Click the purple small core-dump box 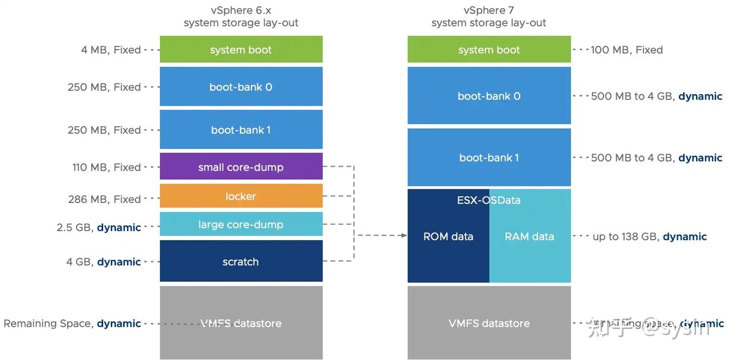[241, 167]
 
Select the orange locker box [241, 196]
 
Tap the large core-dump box [241, 224]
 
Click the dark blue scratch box [241, 261]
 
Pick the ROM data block [448, 243]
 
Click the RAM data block [530, 243]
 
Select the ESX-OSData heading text [489, 200]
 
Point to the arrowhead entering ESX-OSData [404, 235]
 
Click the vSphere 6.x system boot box [241, 50]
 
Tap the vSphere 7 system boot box [489, 50]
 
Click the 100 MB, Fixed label [627, 50]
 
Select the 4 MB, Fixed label [111, 50]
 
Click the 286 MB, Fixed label [104, 199]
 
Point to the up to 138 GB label [650, 236]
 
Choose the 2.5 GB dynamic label [99, 227]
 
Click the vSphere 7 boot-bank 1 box [489, 157]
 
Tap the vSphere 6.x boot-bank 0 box [241, 87]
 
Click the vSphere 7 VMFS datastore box [489, 323]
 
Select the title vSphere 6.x [241, 10]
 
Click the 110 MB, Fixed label [106, 167]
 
